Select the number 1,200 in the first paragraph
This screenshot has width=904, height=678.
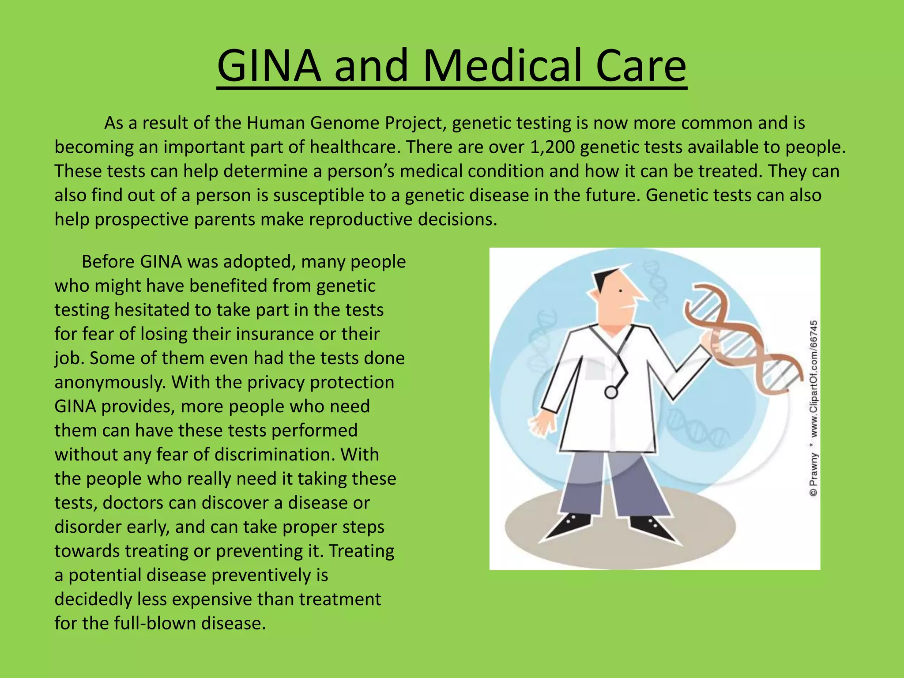552,147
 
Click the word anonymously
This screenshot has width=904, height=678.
110,382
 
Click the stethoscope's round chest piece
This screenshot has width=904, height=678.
611,392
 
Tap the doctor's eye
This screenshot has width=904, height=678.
621,291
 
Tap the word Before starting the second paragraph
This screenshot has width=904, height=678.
108,262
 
